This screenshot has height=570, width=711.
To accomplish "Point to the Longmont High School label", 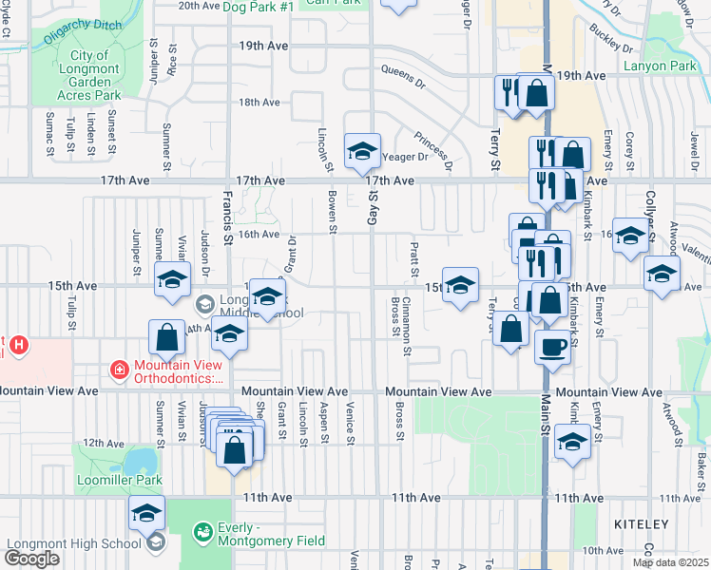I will point(73,543).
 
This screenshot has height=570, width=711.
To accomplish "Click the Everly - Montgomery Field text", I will point(270,534).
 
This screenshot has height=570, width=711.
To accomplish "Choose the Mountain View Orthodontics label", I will point(179,370).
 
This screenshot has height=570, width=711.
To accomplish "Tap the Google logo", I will point(31,559).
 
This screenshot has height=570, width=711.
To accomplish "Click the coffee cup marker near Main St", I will point(552,347).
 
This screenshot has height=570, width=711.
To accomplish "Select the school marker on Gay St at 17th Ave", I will point(361,151).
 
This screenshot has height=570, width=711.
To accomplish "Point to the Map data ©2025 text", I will point(670,562).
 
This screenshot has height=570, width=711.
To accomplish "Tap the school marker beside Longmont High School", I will point(146,513).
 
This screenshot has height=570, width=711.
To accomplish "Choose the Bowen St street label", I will point(333,211).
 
